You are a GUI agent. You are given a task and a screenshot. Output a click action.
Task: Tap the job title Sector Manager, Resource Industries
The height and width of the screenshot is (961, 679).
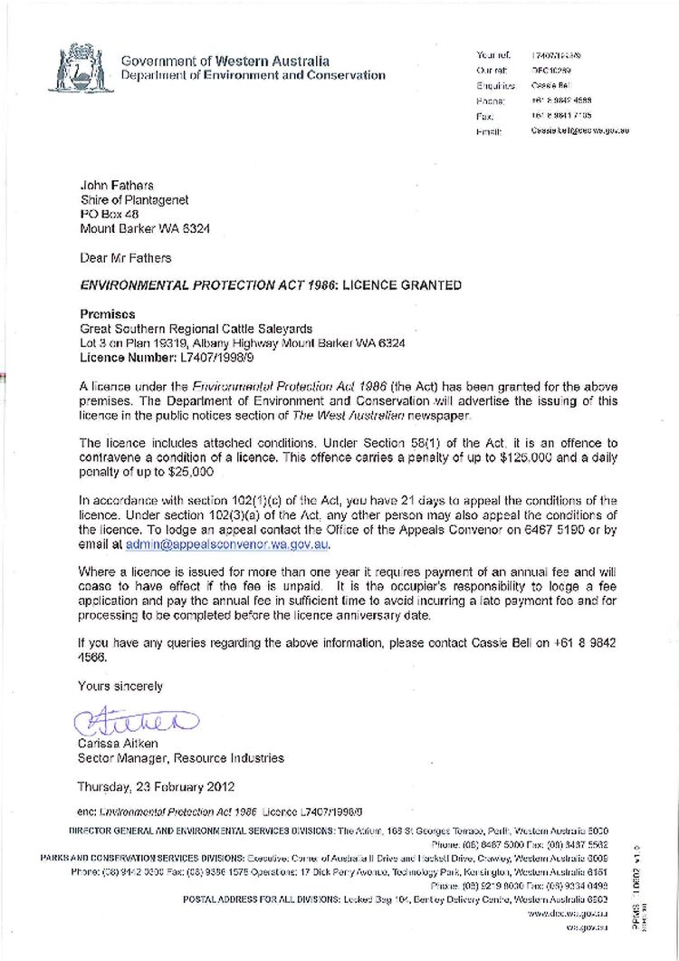tap(180, 758)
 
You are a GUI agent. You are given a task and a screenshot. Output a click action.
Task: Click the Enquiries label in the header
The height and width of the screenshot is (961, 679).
tap(495, 85)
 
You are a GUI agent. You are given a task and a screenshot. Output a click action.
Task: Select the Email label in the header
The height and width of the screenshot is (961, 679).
tap(489, 131)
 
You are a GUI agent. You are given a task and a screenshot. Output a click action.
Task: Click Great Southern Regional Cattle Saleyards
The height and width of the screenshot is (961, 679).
tap(197, 328)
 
